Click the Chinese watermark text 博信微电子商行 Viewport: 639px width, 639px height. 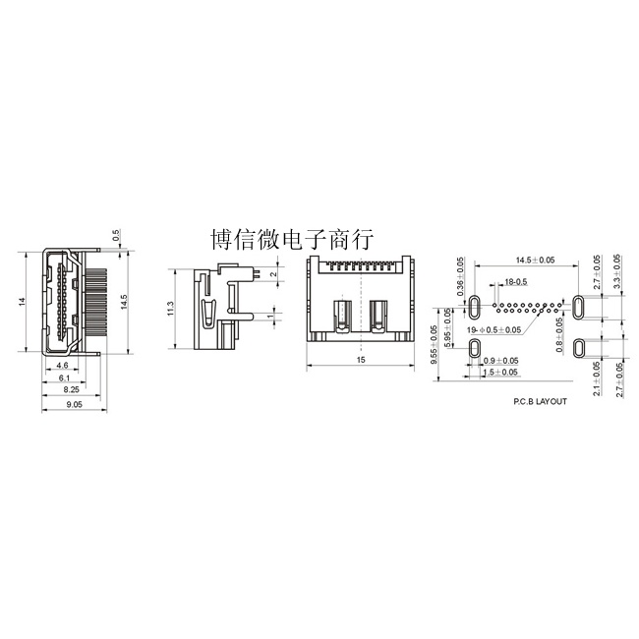292,240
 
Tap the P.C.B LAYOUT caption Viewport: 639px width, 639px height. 540,401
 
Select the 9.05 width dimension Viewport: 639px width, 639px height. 74,404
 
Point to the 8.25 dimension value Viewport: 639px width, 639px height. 72,389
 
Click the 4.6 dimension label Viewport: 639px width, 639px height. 62,365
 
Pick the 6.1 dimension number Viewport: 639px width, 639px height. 64,378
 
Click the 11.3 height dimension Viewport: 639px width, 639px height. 171,309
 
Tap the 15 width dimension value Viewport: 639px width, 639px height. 361,360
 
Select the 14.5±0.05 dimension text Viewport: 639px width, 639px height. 535,260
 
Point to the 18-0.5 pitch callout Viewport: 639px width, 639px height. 515,281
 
